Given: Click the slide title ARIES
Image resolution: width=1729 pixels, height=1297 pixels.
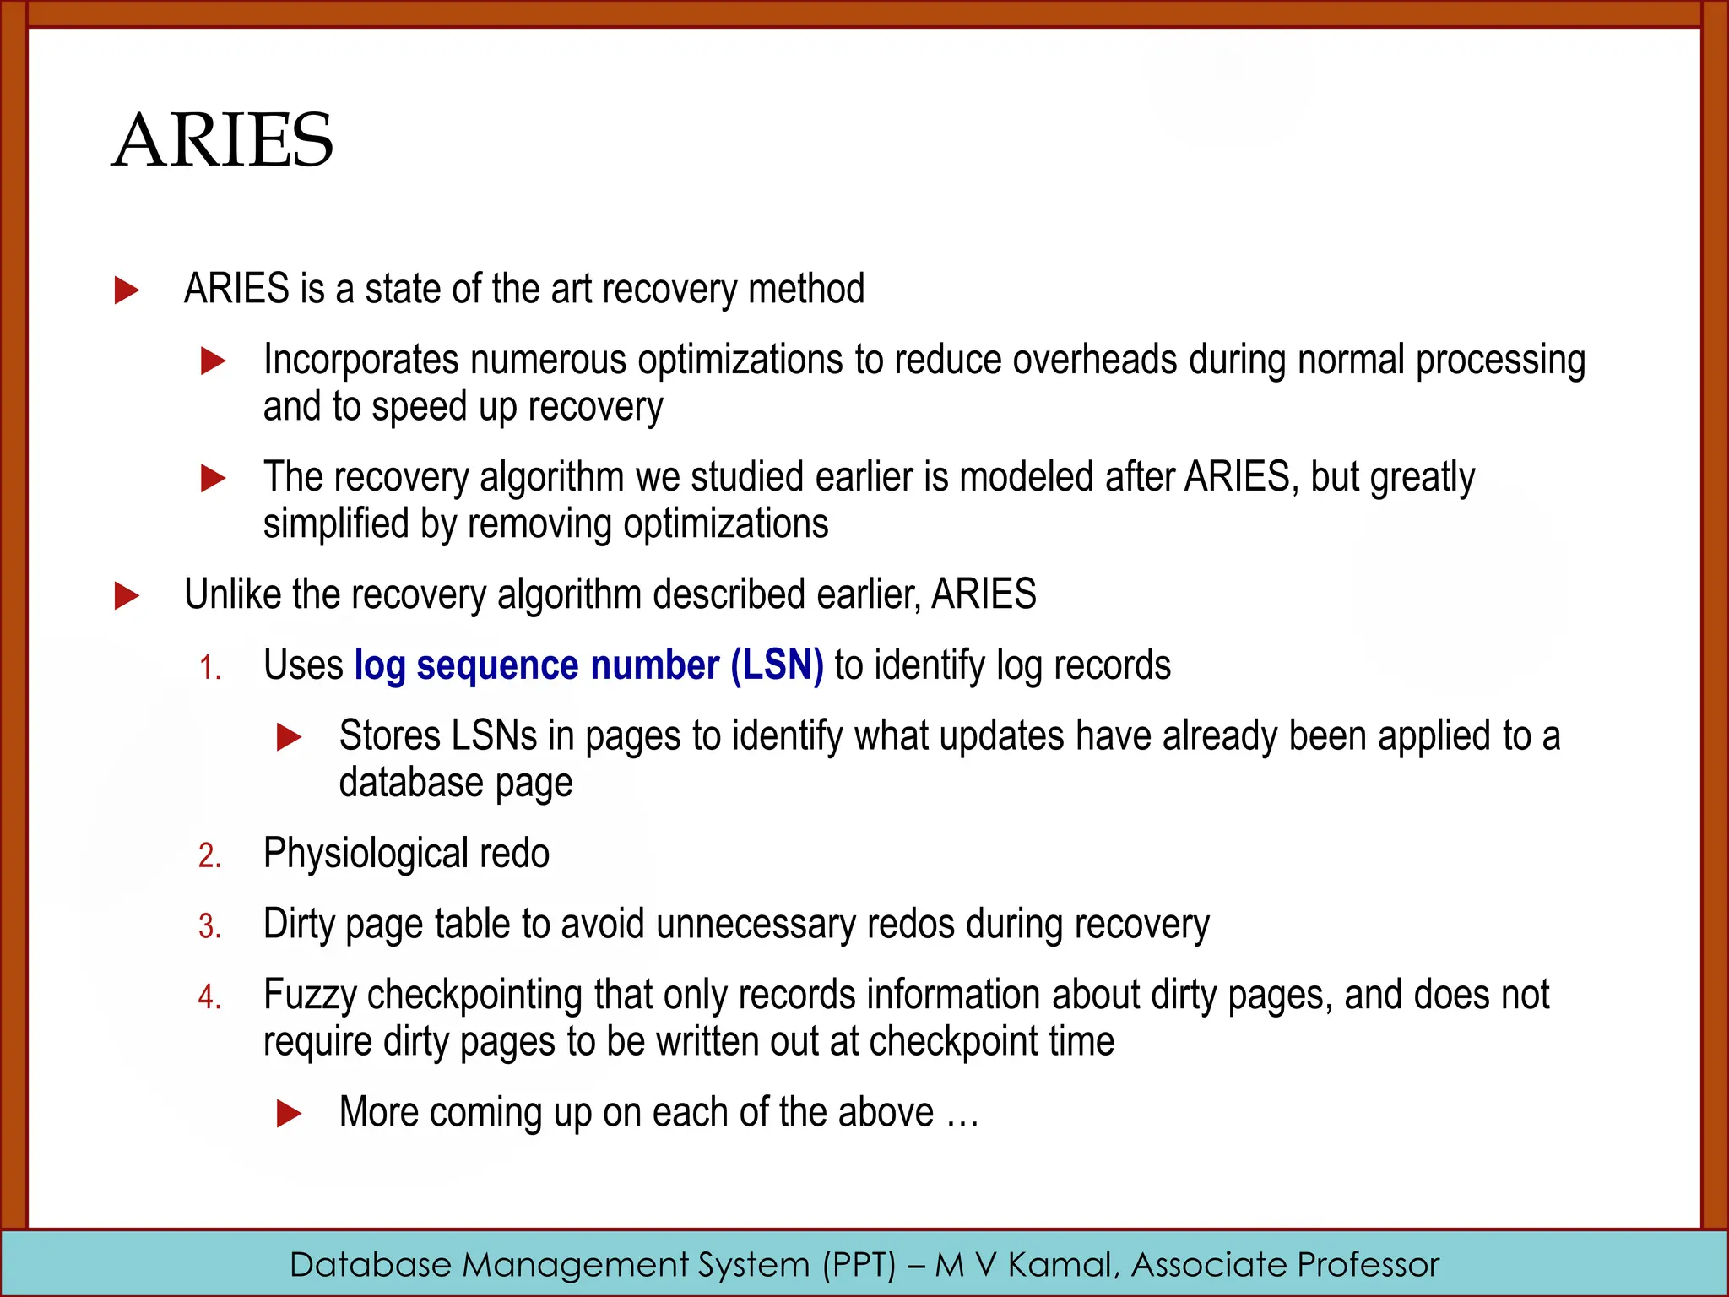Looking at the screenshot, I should [x=223, y=140].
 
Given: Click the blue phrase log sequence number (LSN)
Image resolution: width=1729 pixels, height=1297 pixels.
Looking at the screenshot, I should [x=588, y=665].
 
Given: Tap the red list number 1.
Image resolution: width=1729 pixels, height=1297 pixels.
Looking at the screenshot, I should [x=210, y=669].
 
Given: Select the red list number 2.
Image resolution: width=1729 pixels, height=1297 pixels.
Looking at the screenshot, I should [x=210, y=856].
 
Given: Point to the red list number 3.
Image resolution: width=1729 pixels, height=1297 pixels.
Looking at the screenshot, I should [x=210, y=927].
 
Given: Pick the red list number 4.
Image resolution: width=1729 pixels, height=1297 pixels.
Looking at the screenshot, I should [x=210, y=998].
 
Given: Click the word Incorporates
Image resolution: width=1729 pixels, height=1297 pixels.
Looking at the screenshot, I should [x=360, y=360].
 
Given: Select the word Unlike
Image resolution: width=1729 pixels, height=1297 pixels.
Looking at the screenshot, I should [x=232, y=594].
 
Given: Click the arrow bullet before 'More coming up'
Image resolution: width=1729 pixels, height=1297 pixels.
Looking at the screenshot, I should [x=289, y=1114].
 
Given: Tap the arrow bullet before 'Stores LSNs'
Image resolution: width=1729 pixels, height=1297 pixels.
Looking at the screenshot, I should [x=289, y=737].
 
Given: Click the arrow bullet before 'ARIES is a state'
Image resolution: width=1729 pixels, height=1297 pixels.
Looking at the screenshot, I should [x=127, y=290].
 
